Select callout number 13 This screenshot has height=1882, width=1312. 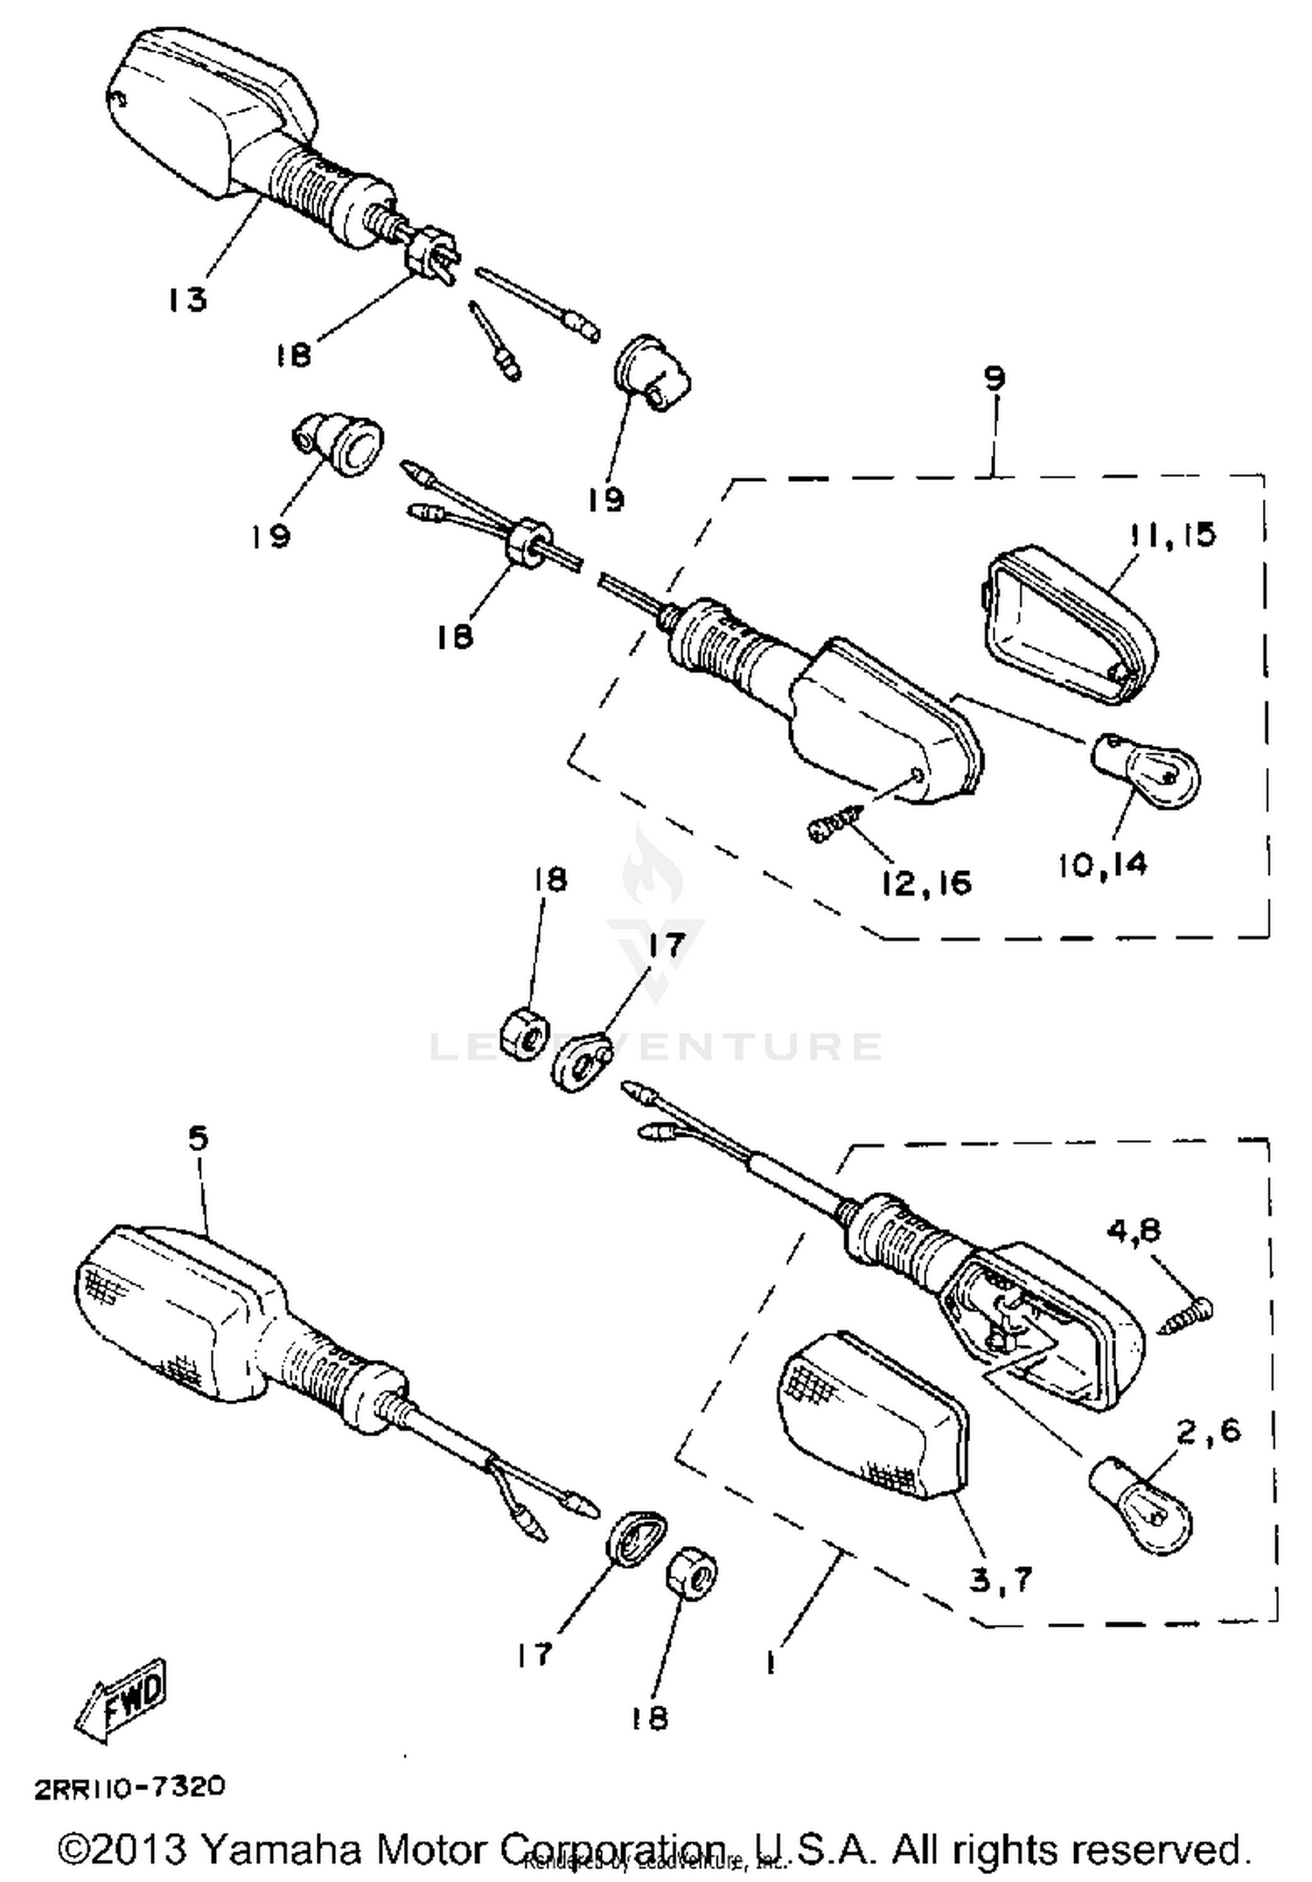point(187,300)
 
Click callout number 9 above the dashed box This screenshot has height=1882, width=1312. point(994,379)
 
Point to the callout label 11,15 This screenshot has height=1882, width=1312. point(1172,534)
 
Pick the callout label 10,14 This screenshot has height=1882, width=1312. point(1102,865)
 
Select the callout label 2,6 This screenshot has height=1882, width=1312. point(1208,1431)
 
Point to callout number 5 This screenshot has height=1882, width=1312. point(199,1139)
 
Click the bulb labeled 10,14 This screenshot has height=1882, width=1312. point(1147,768)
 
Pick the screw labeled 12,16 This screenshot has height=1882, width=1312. point(834,825)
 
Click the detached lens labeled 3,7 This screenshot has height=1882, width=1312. point(870,1425)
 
